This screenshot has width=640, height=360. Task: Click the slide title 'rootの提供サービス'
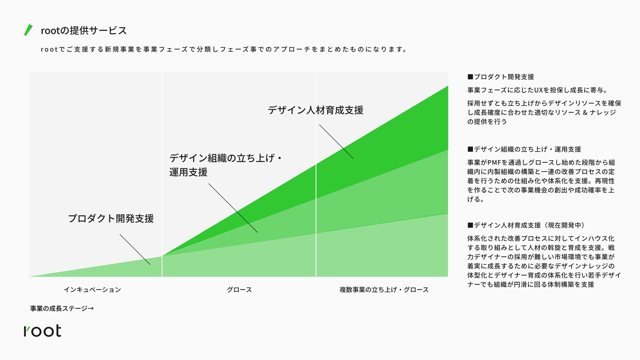click(84, 31)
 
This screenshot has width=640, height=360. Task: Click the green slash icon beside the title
click(29, 30)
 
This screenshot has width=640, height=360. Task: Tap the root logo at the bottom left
click(42, 331)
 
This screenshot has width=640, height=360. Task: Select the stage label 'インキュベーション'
click(92, 290)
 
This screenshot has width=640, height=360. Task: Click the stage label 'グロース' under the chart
click(239, 290)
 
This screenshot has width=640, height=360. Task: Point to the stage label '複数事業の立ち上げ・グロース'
click(384, 290)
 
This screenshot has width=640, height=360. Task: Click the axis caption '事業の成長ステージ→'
click(62, 308)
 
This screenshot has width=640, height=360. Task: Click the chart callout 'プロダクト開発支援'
click(111, 219)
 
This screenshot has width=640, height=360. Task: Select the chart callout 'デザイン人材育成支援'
click(315, 110)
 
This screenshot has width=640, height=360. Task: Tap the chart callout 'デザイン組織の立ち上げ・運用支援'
click(225, 165)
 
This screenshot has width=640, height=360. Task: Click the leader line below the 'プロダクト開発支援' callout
click(135, 249)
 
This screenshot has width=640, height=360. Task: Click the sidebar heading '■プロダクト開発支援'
click(501, 77)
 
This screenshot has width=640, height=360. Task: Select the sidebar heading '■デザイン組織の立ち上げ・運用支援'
click(524, 149)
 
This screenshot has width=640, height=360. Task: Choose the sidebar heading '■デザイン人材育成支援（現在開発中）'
click(527, 225)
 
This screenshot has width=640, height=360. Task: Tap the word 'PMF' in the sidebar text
click(494, 162)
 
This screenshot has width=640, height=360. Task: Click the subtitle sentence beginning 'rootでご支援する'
click(224, 50)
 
